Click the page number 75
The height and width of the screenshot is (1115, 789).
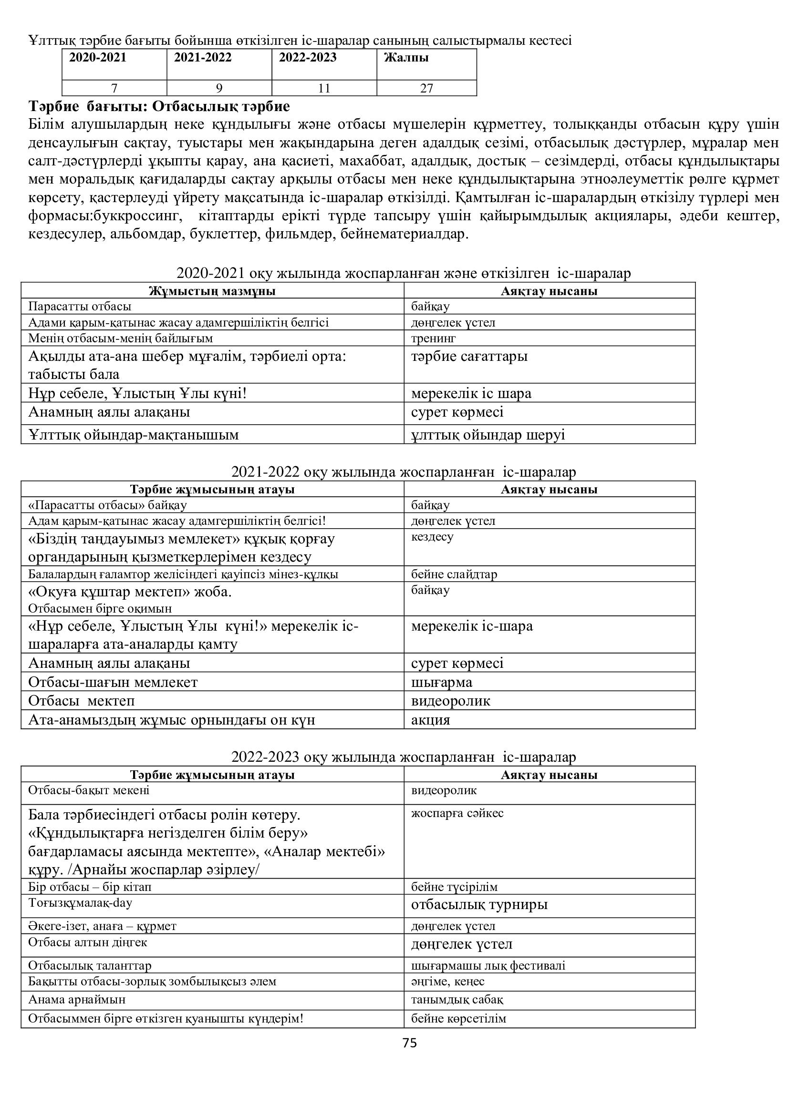[410, 1043]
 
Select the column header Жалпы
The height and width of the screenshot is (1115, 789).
[406, 58]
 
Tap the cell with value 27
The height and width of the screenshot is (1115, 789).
[426, 88]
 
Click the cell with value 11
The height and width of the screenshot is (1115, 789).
[324, 88]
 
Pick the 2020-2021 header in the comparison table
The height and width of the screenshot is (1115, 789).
[98, 58]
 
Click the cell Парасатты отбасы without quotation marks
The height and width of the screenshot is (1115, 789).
[80, 307]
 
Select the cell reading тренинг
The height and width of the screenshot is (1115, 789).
[433, 338]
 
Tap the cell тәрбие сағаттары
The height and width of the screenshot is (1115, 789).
[469, 357]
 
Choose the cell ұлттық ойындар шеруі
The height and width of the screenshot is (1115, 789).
[488, 435]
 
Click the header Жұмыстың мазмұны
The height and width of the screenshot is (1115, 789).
[212, 291]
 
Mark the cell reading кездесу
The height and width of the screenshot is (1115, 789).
[432, 537]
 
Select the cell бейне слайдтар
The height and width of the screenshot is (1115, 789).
[454, 574]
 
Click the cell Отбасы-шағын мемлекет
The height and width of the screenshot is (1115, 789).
[113, 682]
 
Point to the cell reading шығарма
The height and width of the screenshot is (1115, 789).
[442, 682]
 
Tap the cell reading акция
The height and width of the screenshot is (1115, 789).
[430, 720]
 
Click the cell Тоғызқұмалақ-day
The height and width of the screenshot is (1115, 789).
[80, 903]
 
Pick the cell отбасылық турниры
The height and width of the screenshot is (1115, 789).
[479, 904]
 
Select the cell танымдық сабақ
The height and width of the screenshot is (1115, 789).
[457, 1000]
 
